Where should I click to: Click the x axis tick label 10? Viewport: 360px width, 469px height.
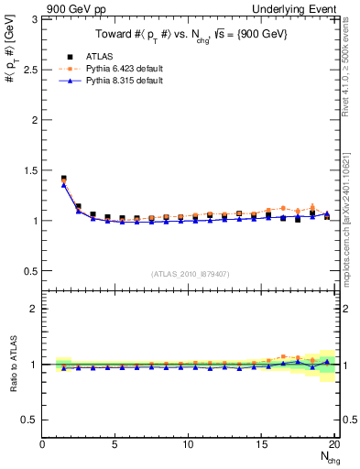click(x=189, y=444)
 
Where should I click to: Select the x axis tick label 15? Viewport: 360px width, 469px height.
click(x=262, y=444)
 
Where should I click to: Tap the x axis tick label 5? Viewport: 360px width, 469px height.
click(x=115, y=444)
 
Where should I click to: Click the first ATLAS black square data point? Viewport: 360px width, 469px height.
click(x=63, y=179)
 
